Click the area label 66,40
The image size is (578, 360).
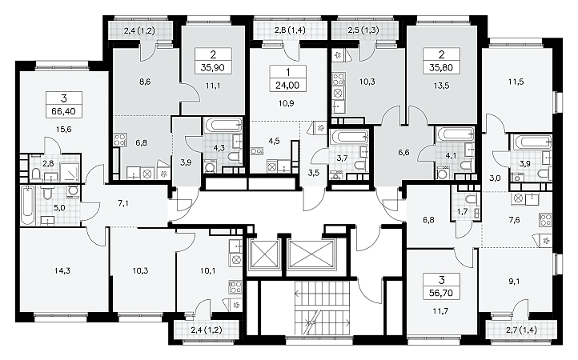63,111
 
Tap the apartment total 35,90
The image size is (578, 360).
213,68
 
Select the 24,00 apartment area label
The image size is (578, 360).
287,86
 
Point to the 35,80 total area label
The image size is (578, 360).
441,68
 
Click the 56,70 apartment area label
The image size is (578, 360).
441,294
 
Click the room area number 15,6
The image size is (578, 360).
63,130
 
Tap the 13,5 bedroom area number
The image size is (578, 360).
441,86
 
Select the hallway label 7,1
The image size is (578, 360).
123,203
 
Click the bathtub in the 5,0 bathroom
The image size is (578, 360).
28,205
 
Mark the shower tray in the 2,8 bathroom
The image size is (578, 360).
69,171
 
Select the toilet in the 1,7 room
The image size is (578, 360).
469,199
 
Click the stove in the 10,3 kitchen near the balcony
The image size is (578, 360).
339,79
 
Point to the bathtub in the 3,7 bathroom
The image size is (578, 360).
349,136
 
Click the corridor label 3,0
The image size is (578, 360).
495,178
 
